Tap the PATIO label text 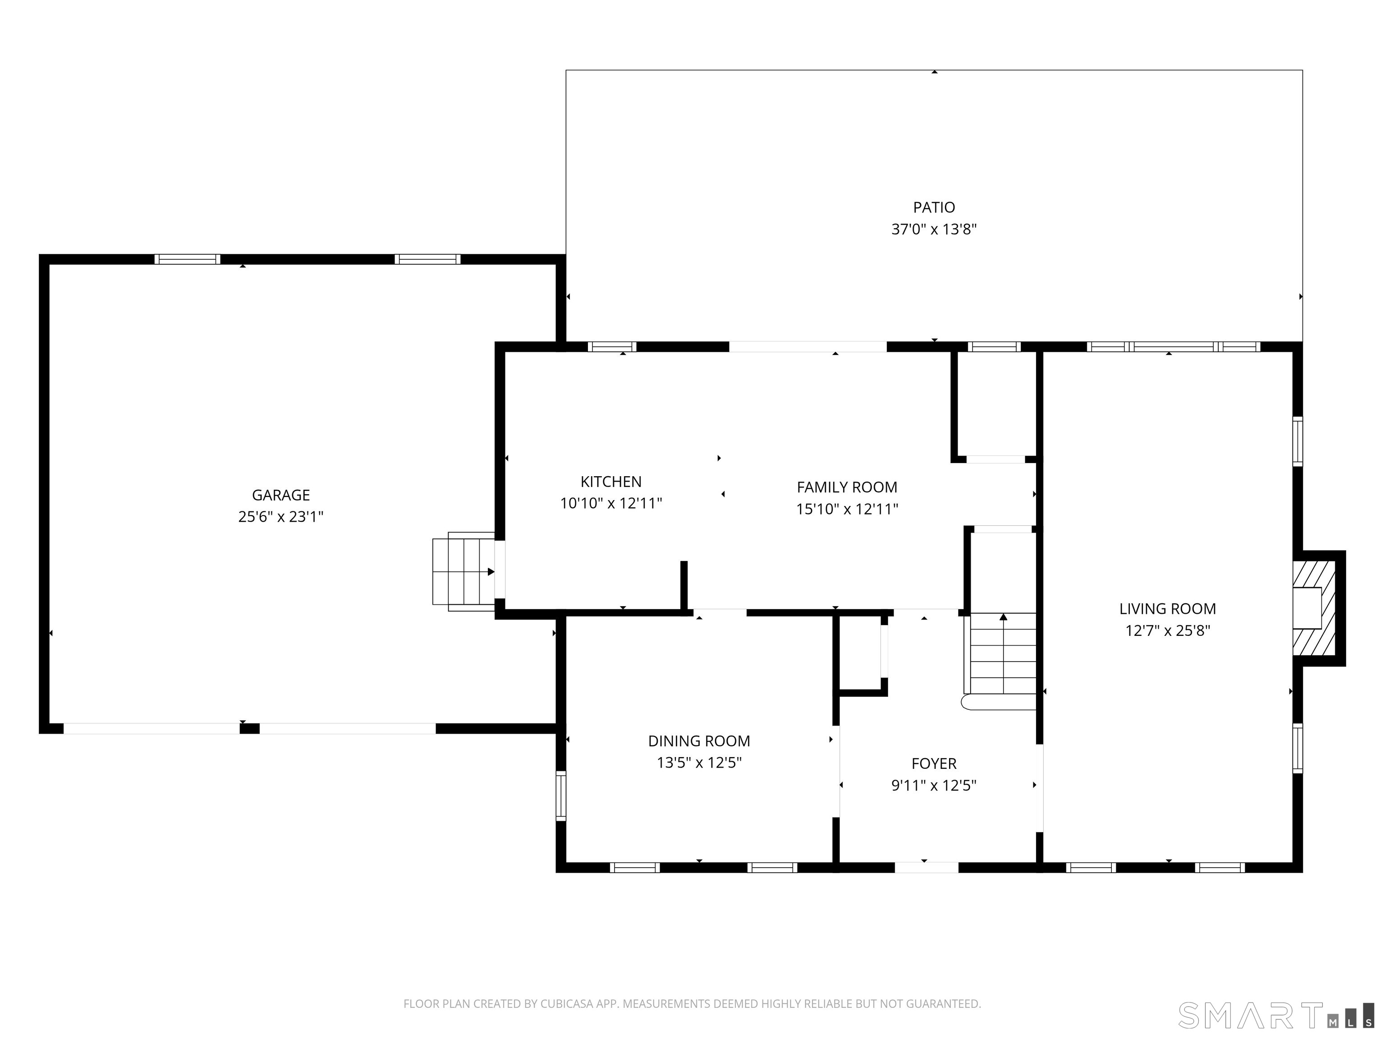pos(934,207)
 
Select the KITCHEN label pos(610,482)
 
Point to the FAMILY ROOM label pos(847,487)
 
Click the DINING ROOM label pos(699,741)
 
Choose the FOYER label pos(934,763)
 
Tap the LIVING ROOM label pos(1167,609)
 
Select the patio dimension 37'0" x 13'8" pos(934,229)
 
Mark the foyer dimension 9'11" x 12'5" pos(934,786)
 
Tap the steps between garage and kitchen pos(463,571)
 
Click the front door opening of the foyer pos(926,867)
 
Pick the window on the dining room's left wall pos(561,796)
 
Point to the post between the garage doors pos(249,728)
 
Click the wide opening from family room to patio pos(808,346)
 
